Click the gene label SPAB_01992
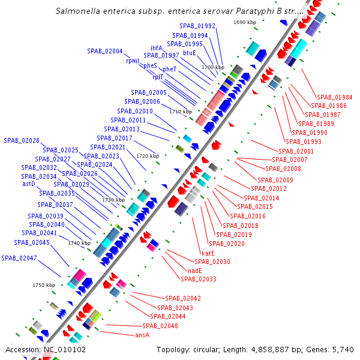click(197, 26)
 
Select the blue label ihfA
click(157, 47)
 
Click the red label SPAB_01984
click(335, 97)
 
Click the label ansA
click(142, 335)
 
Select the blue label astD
click(29, 184)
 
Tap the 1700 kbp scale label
click(213, 67)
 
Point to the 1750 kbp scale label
click(44, 285)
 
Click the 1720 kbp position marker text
click(148, 155)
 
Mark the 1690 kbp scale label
click(245, 22)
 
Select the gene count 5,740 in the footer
click(343, 349)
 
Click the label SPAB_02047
click(19, 257)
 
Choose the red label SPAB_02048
click(160, 325)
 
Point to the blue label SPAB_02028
click(22, 140)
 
